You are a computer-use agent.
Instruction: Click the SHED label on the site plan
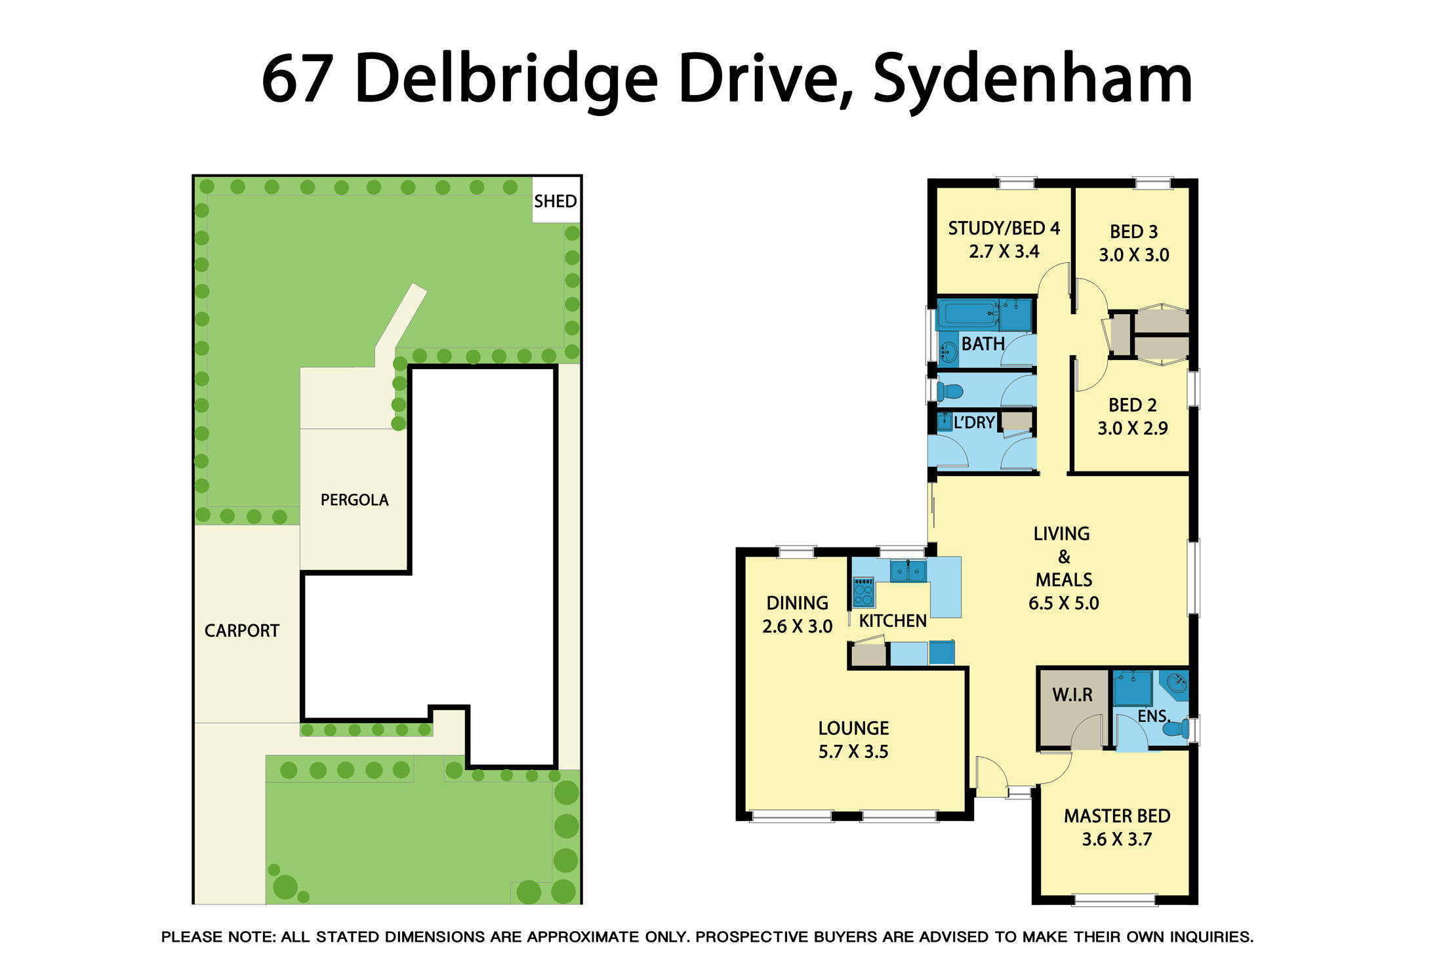555,201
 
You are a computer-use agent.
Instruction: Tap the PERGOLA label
354,500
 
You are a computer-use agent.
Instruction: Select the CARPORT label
241,631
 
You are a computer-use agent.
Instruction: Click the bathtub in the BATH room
966,315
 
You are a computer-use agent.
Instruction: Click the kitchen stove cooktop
863,591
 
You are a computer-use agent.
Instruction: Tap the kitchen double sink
908,571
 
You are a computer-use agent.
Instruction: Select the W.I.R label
1072,695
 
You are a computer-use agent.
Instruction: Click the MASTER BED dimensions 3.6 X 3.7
1116,839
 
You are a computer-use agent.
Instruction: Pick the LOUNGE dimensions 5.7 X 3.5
853,752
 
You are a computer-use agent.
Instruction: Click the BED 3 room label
1133,231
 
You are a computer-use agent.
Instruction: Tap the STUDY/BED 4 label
1004,228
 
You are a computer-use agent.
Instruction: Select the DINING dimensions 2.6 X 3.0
797,626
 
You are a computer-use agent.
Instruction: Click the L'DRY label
974,423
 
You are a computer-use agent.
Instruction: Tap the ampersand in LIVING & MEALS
1064,557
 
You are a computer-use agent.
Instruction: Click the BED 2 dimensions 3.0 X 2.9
1133,429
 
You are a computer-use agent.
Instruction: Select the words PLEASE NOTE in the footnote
218,937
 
